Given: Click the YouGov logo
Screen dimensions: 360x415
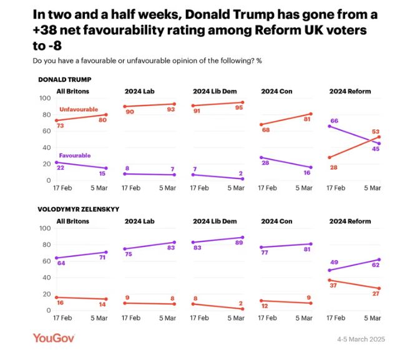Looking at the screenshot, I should pos(54,338).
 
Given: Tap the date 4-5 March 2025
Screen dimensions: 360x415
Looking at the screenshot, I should pos(360,339).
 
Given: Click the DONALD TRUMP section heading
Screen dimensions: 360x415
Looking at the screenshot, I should pos(65,80).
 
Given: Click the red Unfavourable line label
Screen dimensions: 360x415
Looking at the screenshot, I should pos(79,109).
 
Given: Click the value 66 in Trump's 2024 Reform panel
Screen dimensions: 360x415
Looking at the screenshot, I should pos(334,120).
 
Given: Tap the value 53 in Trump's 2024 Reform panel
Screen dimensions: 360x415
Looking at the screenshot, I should pos(376,132).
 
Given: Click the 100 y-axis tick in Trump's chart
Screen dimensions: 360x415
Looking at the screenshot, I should pos(44,98).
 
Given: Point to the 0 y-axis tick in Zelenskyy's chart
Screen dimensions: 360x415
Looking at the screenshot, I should pos(48,311).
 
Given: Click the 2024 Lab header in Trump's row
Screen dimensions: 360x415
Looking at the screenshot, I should pos(139,92).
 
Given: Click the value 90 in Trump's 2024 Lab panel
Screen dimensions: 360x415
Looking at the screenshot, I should pos(130,114).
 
